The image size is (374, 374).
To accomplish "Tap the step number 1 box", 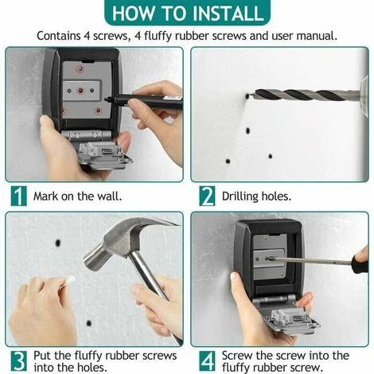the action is (18, 196).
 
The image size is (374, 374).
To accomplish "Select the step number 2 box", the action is (207, 196).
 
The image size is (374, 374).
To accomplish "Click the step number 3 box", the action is (18, 360).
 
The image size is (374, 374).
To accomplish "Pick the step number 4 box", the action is (207, 360).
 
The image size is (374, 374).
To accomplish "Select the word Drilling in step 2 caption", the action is (240, 197).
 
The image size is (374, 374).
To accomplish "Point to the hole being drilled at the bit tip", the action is (247, 95).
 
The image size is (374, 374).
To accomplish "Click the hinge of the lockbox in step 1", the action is (86, 135).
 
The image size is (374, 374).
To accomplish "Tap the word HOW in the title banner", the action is (132, 13).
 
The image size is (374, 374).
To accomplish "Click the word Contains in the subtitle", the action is (58, 36).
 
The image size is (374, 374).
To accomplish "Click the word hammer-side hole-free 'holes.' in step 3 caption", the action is (92, 368).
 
